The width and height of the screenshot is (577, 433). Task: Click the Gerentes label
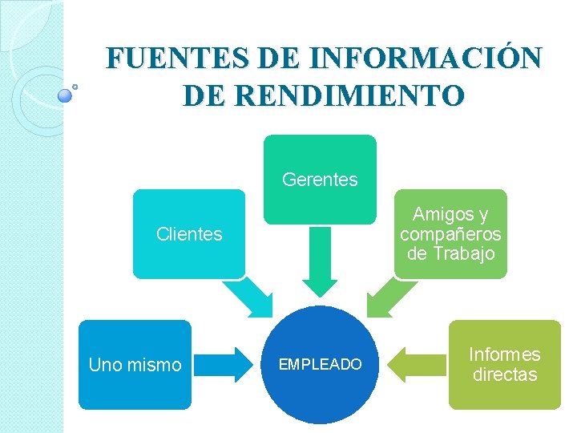320,180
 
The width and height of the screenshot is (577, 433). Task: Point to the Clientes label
189,235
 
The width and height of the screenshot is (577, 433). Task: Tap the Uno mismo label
135,366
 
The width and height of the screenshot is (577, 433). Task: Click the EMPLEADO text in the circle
320,365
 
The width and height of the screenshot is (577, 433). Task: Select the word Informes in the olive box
504,354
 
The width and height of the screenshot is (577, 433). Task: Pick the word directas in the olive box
505,374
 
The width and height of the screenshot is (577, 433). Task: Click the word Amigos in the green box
441,215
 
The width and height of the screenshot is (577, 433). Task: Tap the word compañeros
450,234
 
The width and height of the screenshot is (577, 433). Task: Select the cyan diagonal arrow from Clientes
252,297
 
